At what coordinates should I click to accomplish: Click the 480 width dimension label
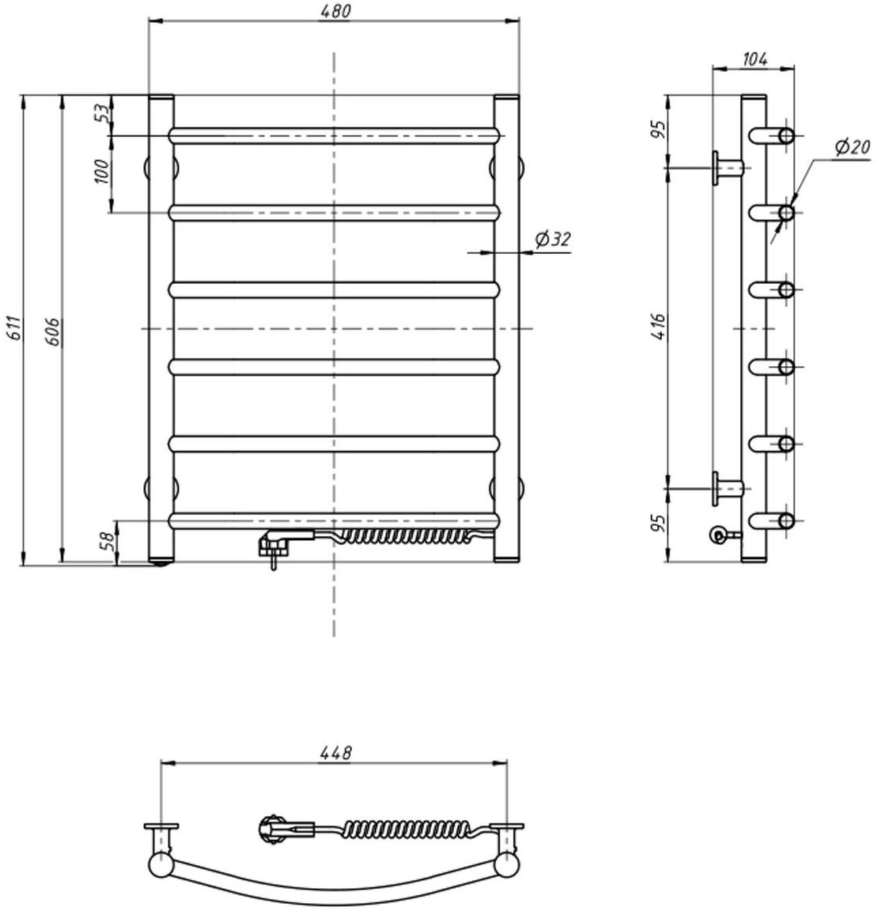click(x=335, y=11)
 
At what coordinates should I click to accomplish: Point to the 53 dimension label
click(x=102, y=113)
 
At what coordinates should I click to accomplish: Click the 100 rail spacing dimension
click(x=101, y=172)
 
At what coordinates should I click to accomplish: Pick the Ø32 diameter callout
click(x=553, y=239)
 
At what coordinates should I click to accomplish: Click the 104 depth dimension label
click(x=755, y=59)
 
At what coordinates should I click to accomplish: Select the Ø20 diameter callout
click(x=852, y=147)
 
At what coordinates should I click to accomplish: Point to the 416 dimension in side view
click(x=658, y=327)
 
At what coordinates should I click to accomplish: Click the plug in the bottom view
click(x=285, y=828)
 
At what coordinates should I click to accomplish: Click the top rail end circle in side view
click(x=786, y=136)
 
